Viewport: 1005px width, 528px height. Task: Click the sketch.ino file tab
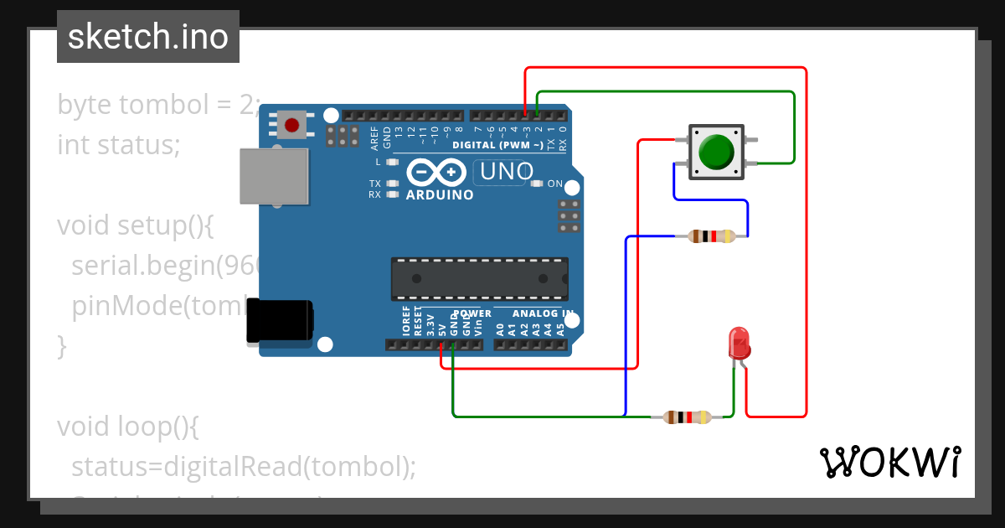pos(148,37)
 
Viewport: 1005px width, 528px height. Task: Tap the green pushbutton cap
pos(715,152)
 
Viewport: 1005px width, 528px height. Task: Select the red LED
pos(740,343)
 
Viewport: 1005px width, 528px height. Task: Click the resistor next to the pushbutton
pos(712,236)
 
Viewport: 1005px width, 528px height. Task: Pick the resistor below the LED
pos(687,417)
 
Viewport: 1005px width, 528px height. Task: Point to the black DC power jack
pos(279,322)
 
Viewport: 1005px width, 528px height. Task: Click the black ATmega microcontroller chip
pos(479,279)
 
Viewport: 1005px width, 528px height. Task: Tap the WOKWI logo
pos(889,462)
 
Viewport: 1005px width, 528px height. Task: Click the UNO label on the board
pos(503,172)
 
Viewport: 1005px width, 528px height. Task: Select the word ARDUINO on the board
pos(440,195)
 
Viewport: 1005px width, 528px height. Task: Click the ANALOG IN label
pos(543,313)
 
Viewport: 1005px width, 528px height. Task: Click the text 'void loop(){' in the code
pos(127,427)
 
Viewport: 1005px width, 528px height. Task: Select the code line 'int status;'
pos(119,145)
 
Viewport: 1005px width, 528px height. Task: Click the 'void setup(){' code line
pos(137,225)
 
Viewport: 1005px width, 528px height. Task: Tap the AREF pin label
pos(374,136)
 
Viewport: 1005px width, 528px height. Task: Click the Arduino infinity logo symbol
pos(436,172)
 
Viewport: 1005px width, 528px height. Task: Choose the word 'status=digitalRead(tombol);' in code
pos(243,466)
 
